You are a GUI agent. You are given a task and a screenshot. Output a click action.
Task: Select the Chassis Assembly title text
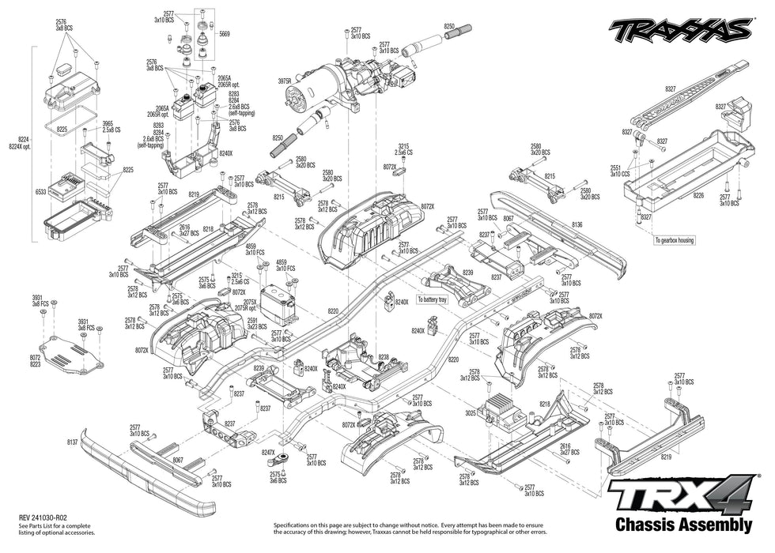click(682, 525)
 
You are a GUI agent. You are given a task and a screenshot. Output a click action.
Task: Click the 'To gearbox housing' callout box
click(674, 240)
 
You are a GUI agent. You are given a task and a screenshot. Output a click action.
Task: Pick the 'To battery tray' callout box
click(433, 300)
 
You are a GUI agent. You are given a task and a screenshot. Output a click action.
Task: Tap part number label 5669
click(225, 35)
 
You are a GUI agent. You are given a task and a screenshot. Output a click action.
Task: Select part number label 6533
click(40, 192)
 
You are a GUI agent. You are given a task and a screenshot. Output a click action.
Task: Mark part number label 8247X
click(268, 452)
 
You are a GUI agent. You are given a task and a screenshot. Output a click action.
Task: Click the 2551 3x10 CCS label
click(614, 171)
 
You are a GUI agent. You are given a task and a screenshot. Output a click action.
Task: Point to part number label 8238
click(384, 358)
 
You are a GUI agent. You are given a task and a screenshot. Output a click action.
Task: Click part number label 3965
click(108, 125)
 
